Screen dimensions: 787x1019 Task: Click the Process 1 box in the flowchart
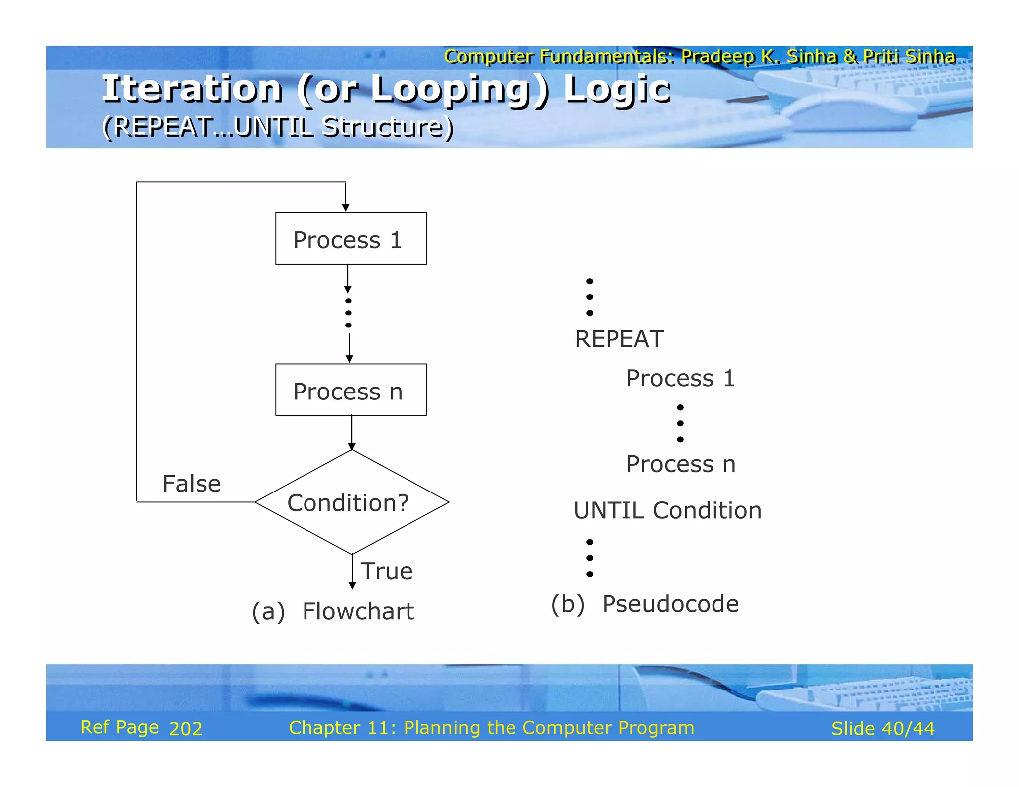(x=351, y=238)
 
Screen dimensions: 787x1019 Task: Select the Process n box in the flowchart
(x=351, y=390)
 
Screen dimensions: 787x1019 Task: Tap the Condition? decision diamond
(x=351, y=502)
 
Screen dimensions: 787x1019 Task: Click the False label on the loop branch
(x=192, y=484)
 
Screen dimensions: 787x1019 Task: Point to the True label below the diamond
(x=387, y=571)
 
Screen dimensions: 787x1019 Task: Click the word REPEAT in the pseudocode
(x=619, y=339)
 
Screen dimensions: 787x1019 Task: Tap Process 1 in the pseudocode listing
(x=680, y=378)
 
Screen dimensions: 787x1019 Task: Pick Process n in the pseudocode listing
(x=680, y=464)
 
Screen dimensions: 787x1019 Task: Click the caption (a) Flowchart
(x=332, y=611)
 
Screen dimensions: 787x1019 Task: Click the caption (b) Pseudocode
(x=644, y=604)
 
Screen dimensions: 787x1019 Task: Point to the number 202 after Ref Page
(x=186, y=729)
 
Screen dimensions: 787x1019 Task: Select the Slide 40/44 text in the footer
(x=883, y=729)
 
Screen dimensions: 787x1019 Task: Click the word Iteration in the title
(x=193, y=89)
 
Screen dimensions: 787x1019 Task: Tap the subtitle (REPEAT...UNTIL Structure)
(x=278, y=127)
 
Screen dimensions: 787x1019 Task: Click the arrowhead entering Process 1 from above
(x=346, y=208)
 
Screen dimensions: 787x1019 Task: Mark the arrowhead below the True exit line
(x=352, y=586)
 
